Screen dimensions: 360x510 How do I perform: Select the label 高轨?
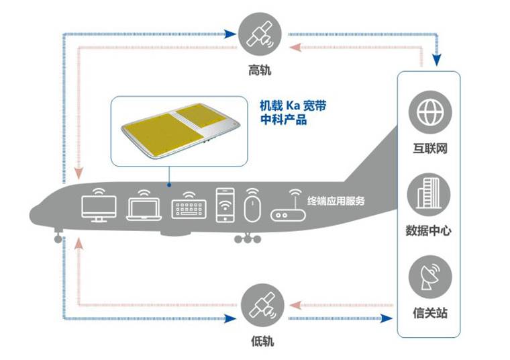click(x=260, y=71)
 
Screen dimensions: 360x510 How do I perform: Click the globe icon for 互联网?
click(x=429, y=113)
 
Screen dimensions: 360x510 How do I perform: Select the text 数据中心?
click(x=429, y=230)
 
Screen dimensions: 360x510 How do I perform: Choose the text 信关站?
click(x=429, y=312)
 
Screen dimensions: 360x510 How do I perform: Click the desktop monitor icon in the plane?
click(x=98, y=206)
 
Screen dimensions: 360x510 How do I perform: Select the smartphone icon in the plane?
click(x=224, y=204)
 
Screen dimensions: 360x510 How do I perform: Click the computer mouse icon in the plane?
click(x=252, y=206)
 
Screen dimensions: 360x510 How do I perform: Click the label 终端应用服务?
click(x=336, y=200)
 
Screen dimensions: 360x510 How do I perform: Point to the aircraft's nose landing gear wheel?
click(x=58, y=238)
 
